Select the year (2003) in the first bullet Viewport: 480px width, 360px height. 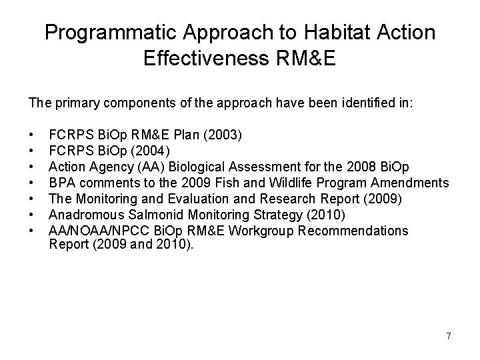point(227,135)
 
